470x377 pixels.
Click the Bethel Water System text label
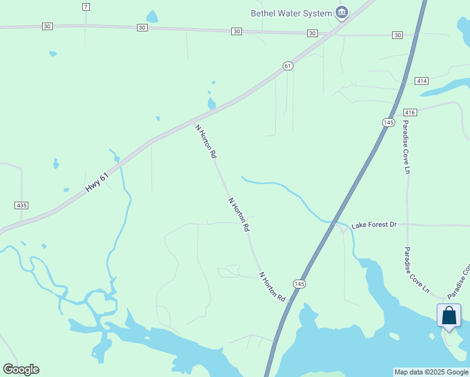pos(290,13)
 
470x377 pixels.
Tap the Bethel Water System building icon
pos(341,12)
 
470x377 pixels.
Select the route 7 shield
pos(86,6)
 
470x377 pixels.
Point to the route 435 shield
pos(21,205)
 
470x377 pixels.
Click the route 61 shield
pos(288,65)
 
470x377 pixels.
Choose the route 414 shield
pos(421,81)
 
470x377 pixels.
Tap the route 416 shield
pos(410,112)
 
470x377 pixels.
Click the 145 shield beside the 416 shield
pos(388,122)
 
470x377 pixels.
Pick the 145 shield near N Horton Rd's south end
pos(299,284)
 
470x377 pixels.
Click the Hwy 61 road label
pos(97,183)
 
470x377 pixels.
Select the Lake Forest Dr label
pos(374,224)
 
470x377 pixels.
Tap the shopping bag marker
pos(449,315)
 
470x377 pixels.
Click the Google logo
pos(21,369)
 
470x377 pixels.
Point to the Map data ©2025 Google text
pos(431,372)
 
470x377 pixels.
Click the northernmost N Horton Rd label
pos(206,141)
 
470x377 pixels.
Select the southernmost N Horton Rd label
pos(273,287)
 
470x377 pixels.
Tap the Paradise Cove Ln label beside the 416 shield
pos(407,146)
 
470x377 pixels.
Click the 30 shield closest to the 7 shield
pos(47,26)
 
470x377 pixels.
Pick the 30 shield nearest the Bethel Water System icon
pos(312,33)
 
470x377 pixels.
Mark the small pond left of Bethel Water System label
pos(152,16)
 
